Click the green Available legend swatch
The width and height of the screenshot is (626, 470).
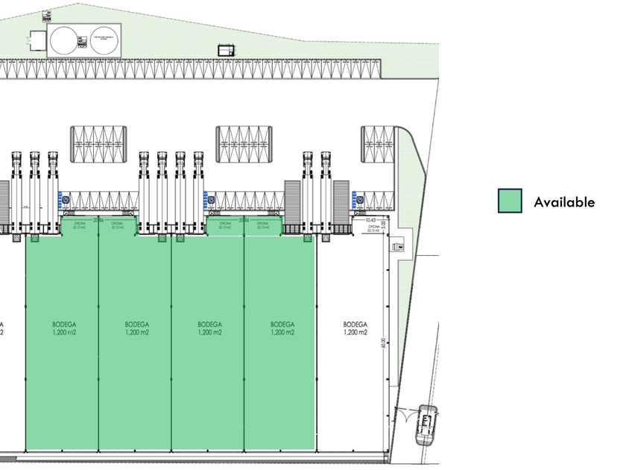click(510, 201)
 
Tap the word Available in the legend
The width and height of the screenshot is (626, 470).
click(564, 201)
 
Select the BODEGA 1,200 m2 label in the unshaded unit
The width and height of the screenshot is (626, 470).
click(355, 328)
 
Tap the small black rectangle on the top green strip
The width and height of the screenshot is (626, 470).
click(225, 50)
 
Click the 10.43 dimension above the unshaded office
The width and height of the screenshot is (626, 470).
click(370, 220)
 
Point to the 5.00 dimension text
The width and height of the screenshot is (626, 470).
click(384, 223)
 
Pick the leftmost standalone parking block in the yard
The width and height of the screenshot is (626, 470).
click(99, 143)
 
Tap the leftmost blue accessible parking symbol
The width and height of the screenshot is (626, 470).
click(65, 199)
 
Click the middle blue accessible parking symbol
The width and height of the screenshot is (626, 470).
click(211, 199)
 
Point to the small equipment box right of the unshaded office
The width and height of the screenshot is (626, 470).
click(400, 245)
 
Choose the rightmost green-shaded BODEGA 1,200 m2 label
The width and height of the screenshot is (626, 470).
click(282, 328)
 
